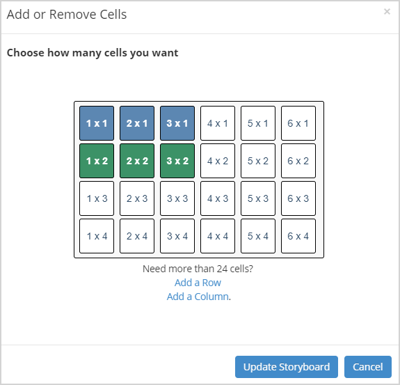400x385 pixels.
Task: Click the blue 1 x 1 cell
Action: [x=97, y=123]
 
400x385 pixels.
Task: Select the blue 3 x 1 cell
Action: [x=177, y=123]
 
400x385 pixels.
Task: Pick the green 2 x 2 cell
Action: [x=137, y=161]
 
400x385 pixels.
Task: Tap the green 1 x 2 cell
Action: [x=97, y=161]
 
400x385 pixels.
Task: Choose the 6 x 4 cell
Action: [x=298, y=236]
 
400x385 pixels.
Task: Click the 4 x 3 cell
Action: [x=218, y=198]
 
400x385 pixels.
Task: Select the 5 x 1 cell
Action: [x=258, y=123]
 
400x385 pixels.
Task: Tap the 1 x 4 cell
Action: [x=97, y=236]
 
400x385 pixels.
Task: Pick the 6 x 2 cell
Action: [x=298, y=161]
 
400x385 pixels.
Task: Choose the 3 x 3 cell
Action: [x=177, y=198]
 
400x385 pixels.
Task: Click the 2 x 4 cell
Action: [x=137, y=236]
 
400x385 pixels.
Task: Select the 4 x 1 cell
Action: [x=218, y=123]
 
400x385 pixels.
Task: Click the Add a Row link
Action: [x=198, y=283]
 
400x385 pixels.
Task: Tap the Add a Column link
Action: [x=198, y=297]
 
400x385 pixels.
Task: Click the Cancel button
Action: [x=367, y=367]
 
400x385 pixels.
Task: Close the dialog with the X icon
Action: [x=387, y=12]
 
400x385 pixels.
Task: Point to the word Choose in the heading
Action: [x=26, y=53]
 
